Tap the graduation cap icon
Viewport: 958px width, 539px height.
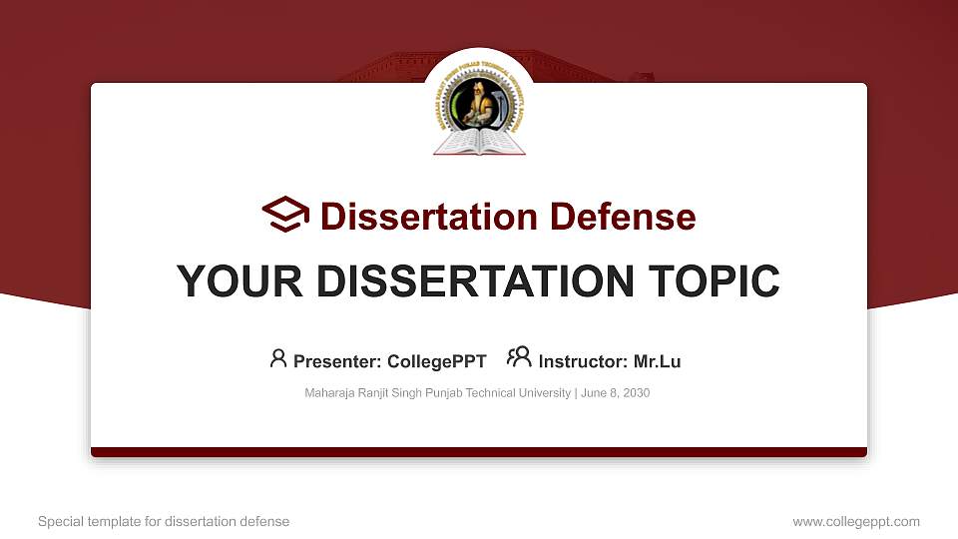click(x=285, y=215)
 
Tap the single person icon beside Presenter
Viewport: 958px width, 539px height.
click(x=278, y=357)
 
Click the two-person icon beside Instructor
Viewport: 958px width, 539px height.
click(x=519, y=357)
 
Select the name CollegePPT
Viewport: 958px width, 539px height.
click(x=438, y=361)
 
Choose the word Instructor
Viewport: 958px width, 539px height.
click(x=583, y=361)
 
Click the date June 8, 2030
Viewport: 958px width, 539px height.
click(x=615, y=393)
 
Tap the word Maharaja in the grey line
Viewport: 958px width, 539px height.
click(x=329, y=393)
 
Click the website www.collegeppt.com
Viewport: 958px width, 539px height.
click(x=856, y=521)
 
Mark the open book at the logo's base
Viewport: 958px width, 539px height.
click(x=479, y=144)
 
